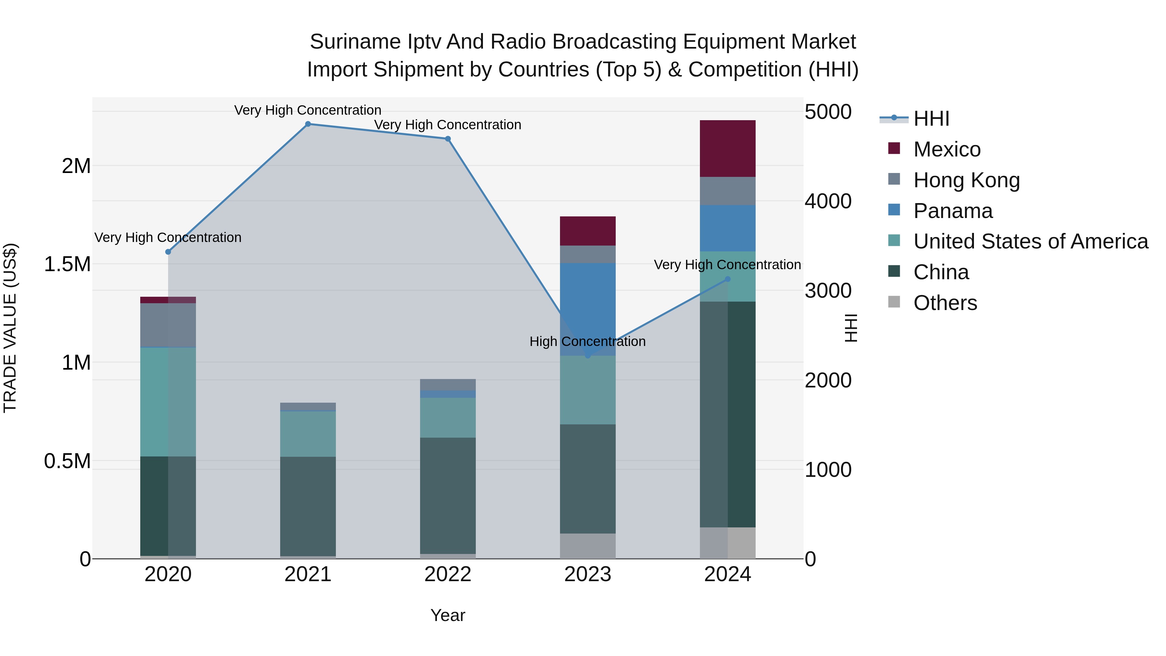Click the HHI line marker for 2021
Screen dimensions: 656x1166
308,124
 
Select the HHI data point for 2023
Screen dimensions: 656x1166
588,356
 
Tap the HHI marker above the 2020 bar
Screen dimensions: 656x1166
168,252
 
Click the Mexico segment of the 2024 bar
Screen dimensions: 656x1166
727,148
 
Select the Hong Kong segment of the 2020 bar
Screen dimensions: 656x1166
168,325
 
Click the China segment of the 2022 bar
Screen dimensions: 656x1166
448,495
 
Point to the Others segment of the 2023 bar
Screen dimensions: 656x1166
588,546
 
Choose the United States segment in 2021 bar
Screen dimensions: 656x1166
308,434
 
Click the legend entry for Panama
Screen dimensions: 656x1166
953,211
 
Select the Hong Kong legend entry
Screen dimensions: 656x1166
966,180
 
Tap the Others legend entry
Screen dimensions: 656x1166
945,303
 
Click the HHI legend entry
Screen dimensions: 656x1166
931,119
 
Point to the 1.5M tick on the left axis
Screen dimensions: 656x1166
67,264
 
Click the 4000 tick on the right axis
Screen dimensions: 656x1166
828,201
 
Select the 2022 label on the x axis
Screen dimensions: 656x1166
448,574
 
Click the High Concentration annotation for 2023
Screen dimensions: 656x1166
588,341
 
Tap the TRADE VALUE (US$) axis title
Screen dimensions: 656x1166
10,328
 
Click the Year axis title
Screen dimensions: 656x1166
448,615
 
